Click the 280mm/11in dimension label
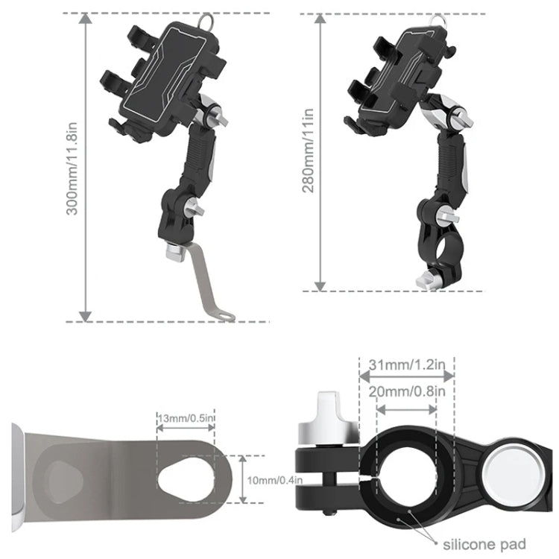tap(307, 150)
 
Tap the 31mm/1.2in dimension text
tap(407, 365)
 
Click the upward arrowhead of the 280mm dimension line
tap(320, 19)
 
